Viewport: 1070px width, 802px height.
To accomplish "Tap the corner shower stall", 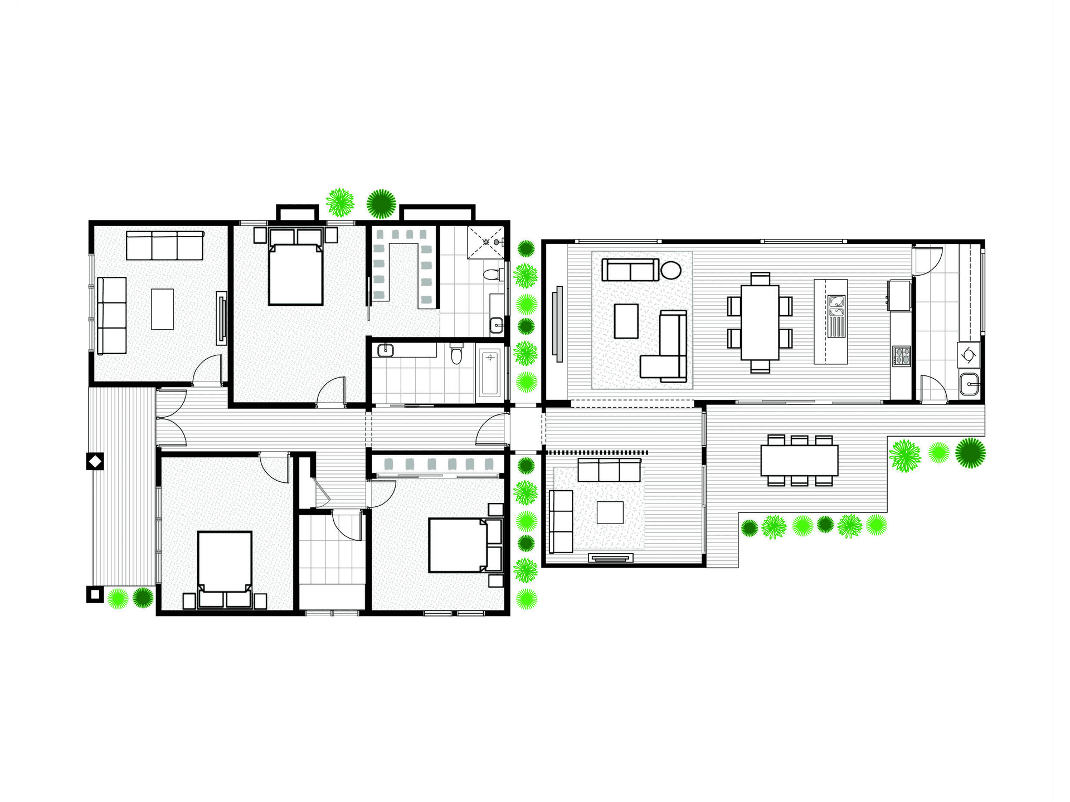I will [485, 242].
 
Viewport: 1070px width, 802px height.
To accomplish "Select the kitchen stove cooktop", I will [901, 356].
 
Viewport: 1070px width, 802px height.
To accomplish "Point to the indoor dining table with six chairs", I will [759, 322].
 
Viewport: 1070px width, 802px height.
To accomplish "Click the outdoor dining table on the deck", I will [799, 460].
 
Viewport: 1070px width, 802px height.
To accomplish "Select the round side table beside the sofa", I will [671, 270].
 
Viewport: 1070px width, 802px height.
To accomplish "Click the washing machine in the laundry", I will [969, 354].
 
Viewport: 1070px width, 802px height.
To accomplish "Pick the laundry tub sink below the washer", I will [970, 384].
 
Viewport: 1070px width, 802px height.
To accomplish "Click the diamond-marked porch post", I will [95, 461].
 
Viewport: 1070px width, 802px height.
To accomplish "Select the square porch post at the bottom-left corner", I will [95, 594].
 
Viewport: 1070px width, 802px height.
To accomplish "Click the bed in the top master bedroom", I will [296, 273].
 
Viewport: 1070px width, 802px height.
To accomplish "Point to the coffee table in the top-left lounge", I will [162, 309].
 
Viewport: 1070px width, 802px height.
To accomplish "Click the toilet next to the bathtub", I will [456, 354].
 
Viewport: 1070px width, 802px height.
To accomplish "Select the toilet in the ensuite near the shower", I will [491, 275].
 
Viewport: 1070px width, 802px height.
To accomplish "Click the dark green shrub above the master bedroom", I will [381, 203].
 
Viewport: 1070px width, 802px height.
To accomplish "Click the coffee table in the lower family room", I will [610, 512].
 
